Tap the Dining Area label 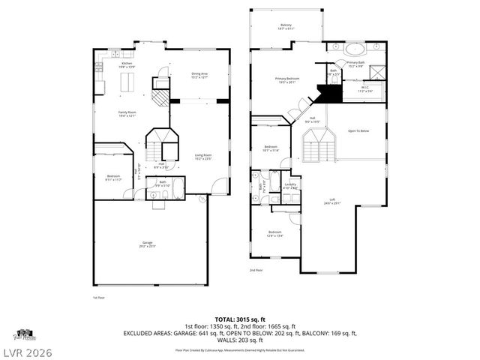199,75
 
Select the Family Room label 126,114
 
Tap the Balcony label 286,26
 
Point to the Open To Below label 358,130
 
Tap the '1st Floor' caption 98,298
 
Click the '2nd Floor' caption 256,270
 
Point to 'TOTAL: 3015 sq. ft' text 239,319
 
